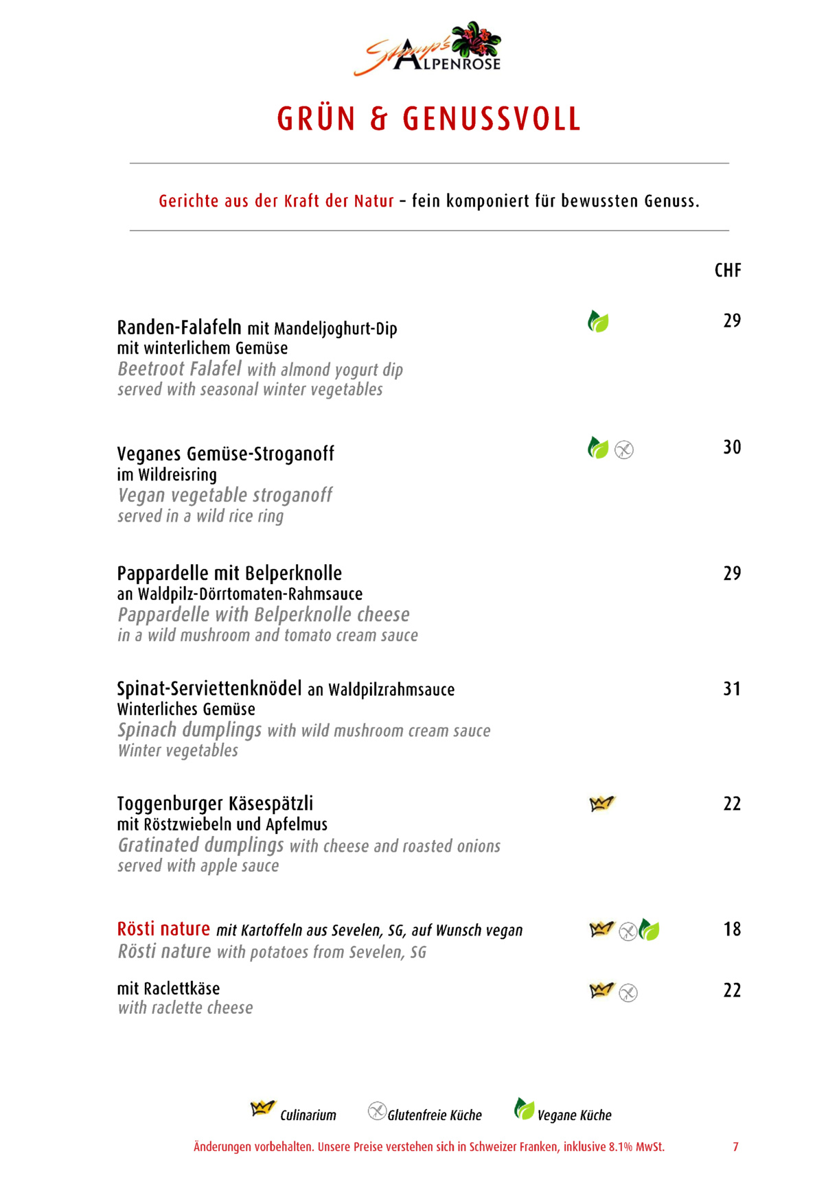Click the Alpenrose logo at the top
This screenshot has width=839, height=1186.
coord(428,49)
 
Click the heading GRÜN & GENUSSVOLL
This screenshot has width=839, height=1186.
coord(429,119)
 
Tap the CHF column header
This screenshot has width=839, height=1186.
coord(728,270)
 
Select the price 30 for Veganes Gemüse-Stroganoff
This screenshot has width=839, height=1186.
coord(732,447)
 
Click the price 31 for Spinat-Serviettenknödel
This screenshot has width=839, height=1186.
coord(732,688)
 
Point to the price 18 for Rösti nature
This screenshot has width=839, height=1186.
coord(732,929)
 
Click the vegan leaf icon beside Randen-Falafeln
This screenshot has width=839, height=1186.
coord(598,321)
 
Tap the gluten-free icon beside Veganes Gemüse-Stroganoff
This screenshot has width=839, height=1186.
coord(624,450)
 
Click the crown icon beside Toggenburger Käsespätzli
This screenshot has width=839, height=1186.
coord(602,803)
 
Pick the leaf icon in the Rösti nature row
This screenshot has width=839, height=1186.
coord(649,930)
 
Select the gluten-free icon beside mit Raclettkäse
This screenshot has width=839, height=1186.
coord(628,993)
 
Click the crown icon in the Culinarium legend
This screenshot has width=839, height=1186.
coord(262,1108)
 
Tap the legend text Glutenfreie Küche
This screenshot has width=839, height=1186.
coord(435,1115)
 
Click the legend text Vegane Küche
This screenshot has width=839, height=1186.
coord(574,1115)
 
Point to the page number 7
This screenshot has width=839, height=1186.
coord(735,1147)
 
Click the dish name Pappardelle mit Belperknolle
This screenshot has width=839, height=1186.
coord(229,573)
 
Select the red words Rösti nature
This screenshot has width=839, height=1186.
coord(163,929)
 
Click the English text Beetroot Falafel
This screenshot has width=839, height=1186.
coord(179,369)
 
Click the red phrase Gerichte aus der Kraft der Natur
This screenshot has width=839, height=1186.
coord(276,201)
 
